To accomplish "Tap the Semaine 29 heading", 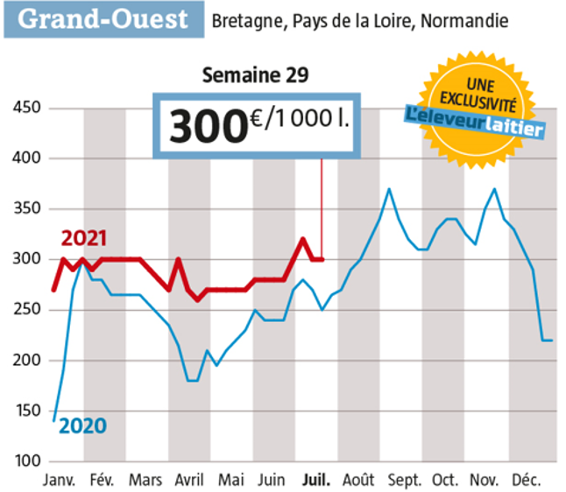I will (255, 74).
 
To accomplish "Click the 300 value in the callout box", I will (204, 124).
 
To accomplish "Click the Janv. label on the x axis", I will (59, 480).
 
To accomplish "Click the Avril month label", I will (190, 480).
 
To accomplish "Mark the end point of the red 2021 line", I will (322, 259).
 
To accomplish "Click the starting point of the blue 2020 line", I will (54, 420).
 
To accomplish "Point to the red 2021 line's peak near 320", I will (302, 239).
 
